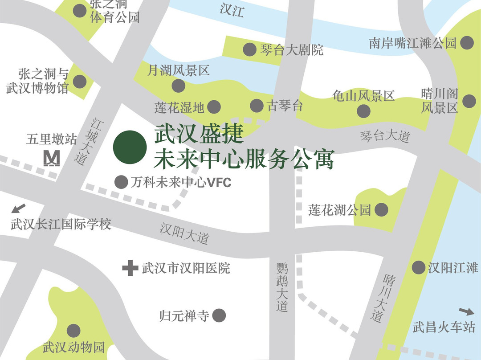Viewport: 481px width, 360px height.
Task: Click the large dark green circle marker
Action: pyautogui.click(x=130, y=147)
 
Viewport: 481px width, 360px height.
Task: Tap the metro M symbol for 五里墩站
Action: pyautogui.click(x=52, y=159)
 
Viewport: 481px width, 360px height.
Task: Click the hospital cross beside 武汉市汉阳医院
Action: pyautogui.click(x=130, y=268)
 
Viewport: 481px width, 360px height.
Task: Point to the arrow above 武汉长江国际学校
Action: pyautogui.click(x=19, y=208)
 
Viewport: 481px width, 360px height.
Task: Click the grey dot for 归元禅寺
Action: pyautogui.click(x=219, y=316)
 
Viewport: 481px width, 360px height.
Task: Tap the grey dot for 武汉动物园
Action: pyautogui.click(x=73, y=331)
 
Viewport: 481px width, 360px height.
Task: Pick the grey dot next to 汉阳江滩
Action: pyautogui.click(x=418, y=267)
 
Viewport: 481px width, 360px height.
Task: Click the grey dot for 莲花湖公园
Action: pyautogui.click(x=381, y=209)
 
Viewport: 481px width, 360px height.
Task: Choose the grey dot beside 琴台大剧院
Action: pyautogui.click(x=249, y=49)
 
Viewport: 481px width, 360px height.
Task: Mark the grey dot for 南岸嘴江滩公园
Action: pyautogui.click(x=467, y=43)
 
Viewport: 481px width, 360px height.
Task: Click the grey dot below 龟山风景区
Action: pyautogui.click(x=363, y=111)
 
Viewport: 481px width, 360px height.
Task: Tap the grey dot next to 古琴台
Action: pyautogui.click(x=257, y=106)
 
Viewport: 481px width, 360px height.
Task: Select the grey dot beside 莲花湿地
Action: pyautogui.click(x=214, y=106)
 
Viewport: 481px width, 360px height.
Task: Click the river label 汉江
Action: pyautogui.click(x=232, y=11)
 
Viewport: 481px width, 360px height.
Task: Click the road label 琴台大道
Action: pyautogui.click(x=385, y=136)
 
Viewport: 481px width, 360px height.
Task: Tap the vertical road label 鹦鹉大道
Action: pyautogui.click(x=282, y=287)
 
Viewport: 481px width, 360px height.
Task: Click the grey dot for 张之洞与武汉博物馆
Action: pyautogui.click(x=79, y=82)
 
